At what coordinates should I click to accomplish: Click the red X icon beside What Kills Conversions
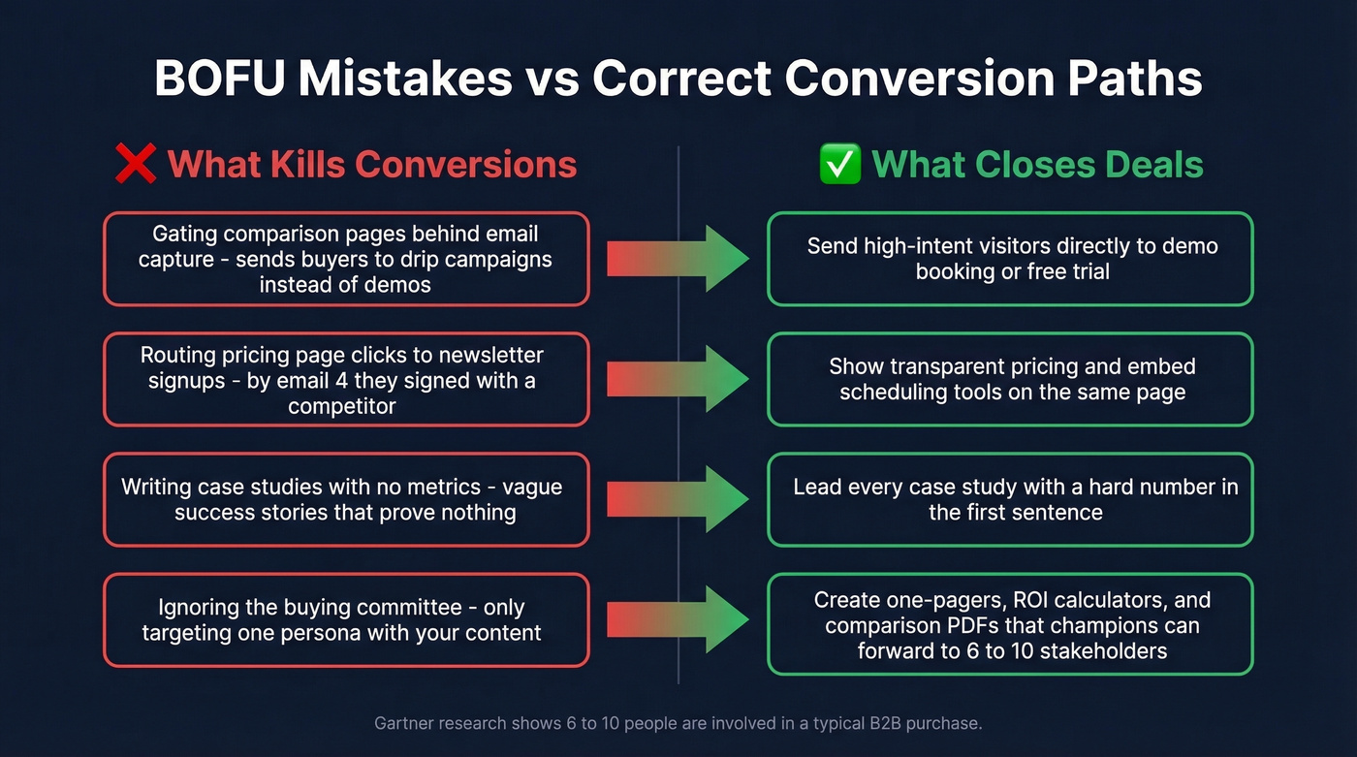click(x=136, y=164)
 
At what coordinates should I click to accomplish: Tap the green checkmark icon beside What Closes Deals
click(x=839, y=164)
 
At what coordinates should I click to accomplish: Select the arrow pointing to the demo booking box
click(x=678, y=259)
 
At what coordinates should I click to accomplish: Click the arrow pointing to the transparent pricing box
click(x=678, y=379)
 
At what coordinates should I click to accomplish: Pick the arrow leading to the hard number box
click(x=678, y=499)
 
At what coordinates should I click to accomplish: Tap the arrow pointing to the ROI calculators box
click(x=678, y=619)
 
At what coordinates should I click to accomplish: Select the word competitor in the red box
click(x=342, y=406)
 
